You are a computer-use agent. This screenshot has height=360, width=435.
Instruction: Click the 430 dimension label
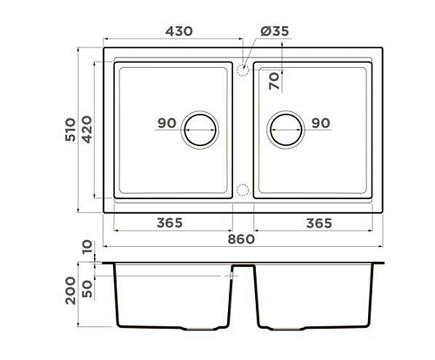[179, 31]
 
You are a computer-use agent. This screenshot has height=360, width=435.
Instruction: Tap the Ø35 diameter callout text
[275, 31]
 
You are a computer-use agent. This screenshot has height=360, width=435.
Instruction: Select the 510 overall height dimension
[70, 130]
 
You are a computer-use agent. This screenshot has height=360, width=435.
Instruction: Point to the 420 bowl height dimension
[87, 130]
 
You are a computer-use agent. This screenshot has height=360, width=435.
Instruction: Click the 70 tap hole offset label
[274, 81]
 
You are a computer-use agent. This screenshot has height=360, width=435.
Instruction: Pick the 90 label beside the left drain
[167, 123]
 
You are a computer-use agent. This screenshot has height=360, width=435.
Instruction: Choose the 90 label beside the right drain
[321, 123]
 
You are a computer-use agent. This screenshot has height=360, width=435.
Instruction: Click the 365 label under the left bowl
[170, 223]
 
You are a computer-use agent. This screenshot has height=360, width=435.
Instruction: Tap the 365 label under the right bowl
[319, 223]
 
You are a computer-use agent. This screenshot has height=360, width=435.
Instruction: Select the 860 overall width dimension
[241, 239]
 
